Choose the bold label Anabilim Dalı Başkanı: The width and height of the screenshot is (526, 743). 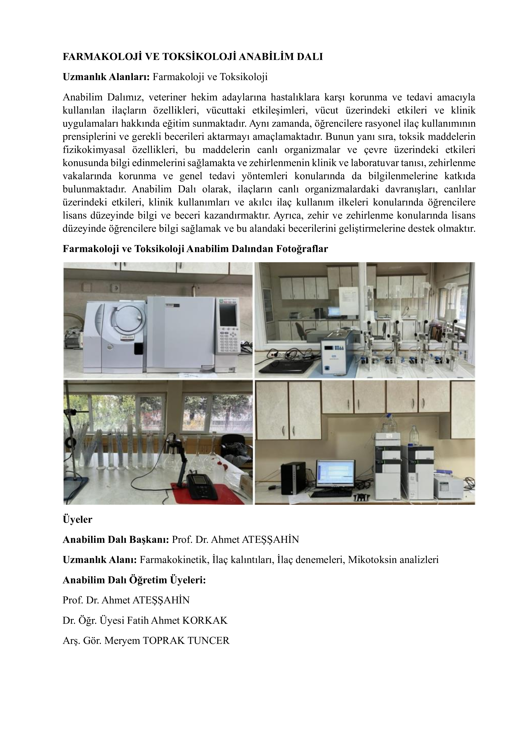pos(116,539)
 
